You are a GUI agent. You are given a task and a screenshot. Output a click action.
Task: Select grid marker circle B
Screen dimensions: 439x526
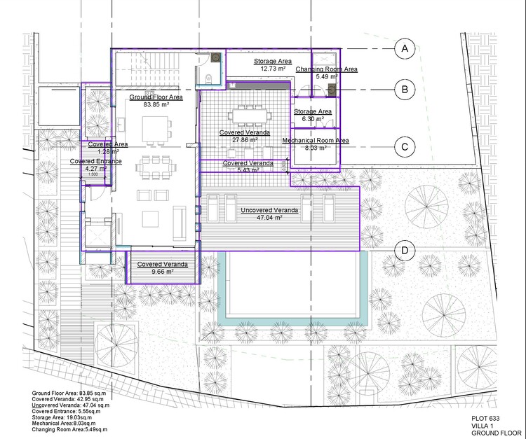[405, 89]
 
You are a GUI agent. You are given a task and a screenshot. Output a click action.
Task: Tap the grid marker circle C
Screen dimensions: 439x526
[405, 147]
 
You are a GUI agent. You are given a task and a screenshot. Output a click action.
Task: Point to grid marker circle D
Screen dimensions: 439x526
[405, 251]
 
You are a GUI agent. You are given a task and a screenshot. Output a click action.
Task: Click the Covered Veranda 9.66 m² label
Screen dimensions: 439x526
[162, 267]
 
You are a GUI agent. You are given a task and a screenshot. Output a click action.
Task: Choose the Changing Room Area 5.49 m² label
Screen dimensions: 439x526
[326, 73]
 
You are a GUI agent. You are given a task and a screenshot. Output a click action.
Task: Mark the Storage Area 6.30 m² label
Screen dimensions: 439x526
[312, 116]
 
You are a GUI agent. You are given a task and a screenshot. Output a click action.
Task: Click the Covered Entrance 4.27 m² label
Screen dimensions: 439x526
[95, 165]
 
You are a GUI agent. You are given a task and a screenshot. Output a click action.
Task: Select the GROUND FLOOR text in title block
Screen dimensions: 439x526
[490, 433]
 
